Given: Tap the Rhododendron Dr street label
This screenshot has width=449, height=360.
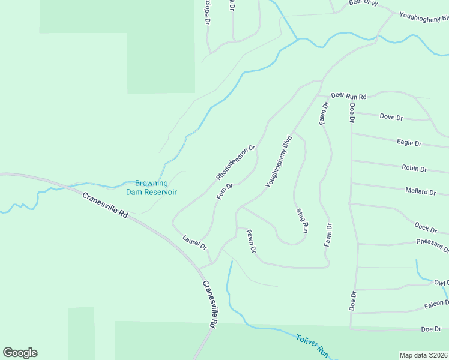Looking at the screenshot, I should click(x=236, y=163).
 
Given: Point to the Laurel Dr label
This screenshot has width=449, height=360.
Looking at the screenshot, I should click(x=194, y=242).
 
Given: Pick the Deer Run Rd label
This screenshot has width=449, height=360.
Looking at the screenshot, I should click(x=348, y=96).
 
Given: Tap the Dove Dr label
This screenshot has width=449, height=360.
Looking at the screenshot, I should click(x=391, y=117).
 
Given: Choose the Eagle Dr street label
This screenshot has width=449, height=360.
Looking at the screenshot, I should click(x=409, y=143).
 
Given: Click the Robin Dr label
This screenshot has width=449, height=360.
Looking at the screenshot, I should click(x=414, y=169).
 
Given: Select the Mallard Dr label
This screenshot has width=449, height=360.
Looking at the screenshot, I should click(x=421, y=192).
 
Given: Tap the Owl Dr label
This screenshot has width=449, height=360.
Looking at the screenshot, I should click(x=441, y=283).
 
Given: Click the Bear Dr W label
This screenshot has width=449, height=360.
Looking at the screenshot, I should click(x=363, y=3).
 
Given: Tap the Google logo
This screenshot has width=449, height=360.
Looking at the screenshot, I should click(x=20, y=353).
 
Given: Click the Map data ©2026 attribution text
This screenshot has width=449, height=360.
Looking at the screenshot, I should click(x=423, y=355).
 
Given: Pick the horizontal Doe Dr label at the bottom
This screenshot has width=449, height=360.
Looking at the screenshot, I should click(x=431, y=329).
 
